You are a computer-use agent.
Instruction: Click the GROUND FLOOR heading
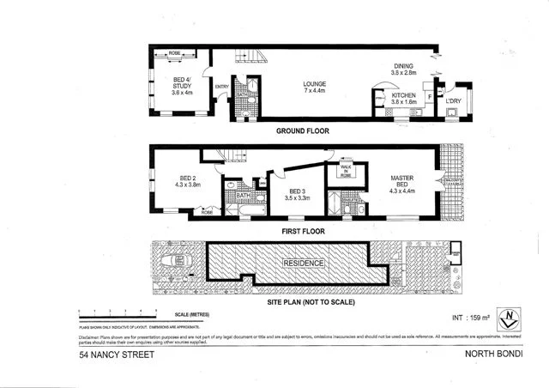tap(302, 131)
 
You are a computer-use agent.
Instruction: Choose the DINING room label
tap(403, 69)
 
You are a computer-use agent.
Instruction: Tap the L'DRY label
tap(454, 102)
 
